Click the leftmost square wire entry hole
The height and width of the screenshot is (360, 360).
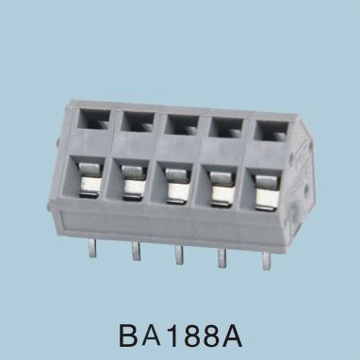pyautogui.click(x=94, y=119)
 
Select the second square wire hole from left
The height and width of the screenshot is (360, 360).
pyautogui.click(x=138, y=122)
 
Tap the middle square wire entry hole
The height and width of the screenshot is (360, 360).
pyautogui.click(x=182, y=124)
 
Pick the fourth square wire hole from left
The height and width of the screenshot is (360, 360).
pyautogui.click(x=226, y=127)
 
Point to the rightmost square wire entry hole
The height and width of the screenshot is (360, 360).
pyautogui.click(x=270, y=130)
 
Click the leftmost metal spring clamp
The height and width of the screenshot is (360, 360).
pyautogui.click(x=91, y=180)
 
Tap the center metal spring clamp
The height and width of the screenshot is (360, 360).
pyautogui.click(x=178, y=187)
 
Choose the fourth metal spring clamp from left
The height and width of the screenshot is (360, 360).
pyautogui.click(x=222, y=189)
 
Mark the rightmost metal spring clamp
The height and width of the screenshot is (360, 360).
pyautogui.click(x=267, y=192)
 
